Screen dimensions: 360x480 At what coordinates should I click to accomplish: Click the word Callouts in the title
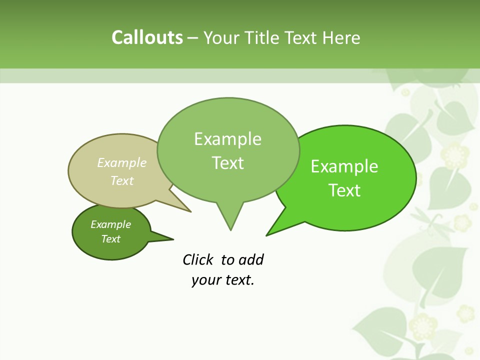(147, 37)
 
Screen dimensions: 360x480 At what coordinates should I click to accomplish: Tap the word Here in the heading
(341, 37)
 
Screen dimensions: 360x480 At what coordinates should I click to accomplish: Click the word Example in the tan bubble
(122, 162)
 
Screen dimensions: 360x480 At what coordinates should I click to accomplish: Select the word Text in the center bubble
(228, 163)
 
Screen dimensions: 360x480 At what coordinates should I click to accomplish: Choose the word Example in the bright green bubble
(344, 166)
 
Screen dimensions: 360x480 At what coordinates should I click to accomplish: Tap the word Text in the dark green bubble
(111, 239)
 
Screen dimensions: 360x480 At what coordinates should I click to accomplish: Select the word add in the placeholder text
(251, 259)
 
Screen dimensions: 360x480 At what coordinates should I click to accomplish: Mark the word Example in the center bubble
(228, 139)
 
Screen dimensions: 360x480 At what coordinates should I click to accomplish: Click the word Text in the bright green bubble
(344, 190)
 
